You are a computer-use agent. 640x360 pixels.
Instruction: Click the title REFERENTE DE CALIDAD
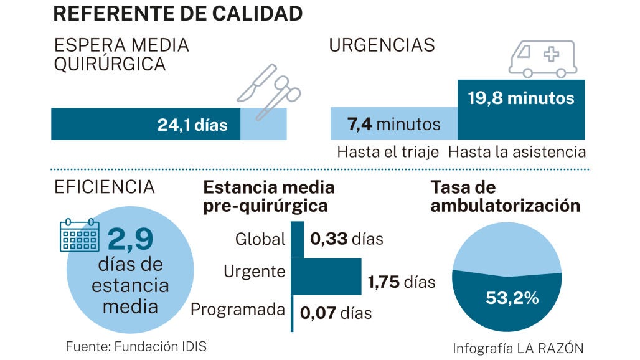179,13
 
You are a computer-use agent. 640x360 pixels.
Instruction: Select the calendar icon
79,235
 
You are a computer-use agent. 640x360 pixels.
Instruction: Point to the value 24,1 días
192,125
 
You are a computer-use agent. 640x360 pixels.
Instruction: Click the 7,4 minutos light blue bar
394,124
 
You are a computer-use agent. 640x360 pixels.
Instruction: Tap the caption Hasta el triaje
388,152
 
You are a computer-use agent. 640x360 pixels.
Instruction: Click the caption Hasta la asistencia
517,152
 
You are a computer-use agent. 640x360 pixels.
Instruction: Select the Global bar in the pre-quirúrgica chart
298,239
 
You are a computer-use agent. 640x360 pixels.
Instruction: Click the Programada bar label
238,310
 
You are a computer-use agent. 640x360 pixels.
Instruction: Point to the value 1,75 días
402,282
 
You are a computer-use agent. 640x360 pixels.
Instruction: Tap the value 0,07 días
336,312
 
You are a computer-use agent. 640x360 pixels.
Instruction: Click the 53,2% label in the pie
512,298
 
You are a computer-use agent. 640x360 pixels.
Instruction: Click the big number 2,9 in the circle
131,240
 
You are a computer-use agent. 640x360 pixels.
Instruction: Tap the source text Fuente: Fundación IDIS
136,346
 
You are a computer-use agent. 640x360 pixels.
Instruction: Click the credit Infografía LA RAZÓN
518,348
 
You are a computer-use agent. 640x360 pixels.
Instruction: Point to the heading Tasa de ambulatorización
505,197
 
